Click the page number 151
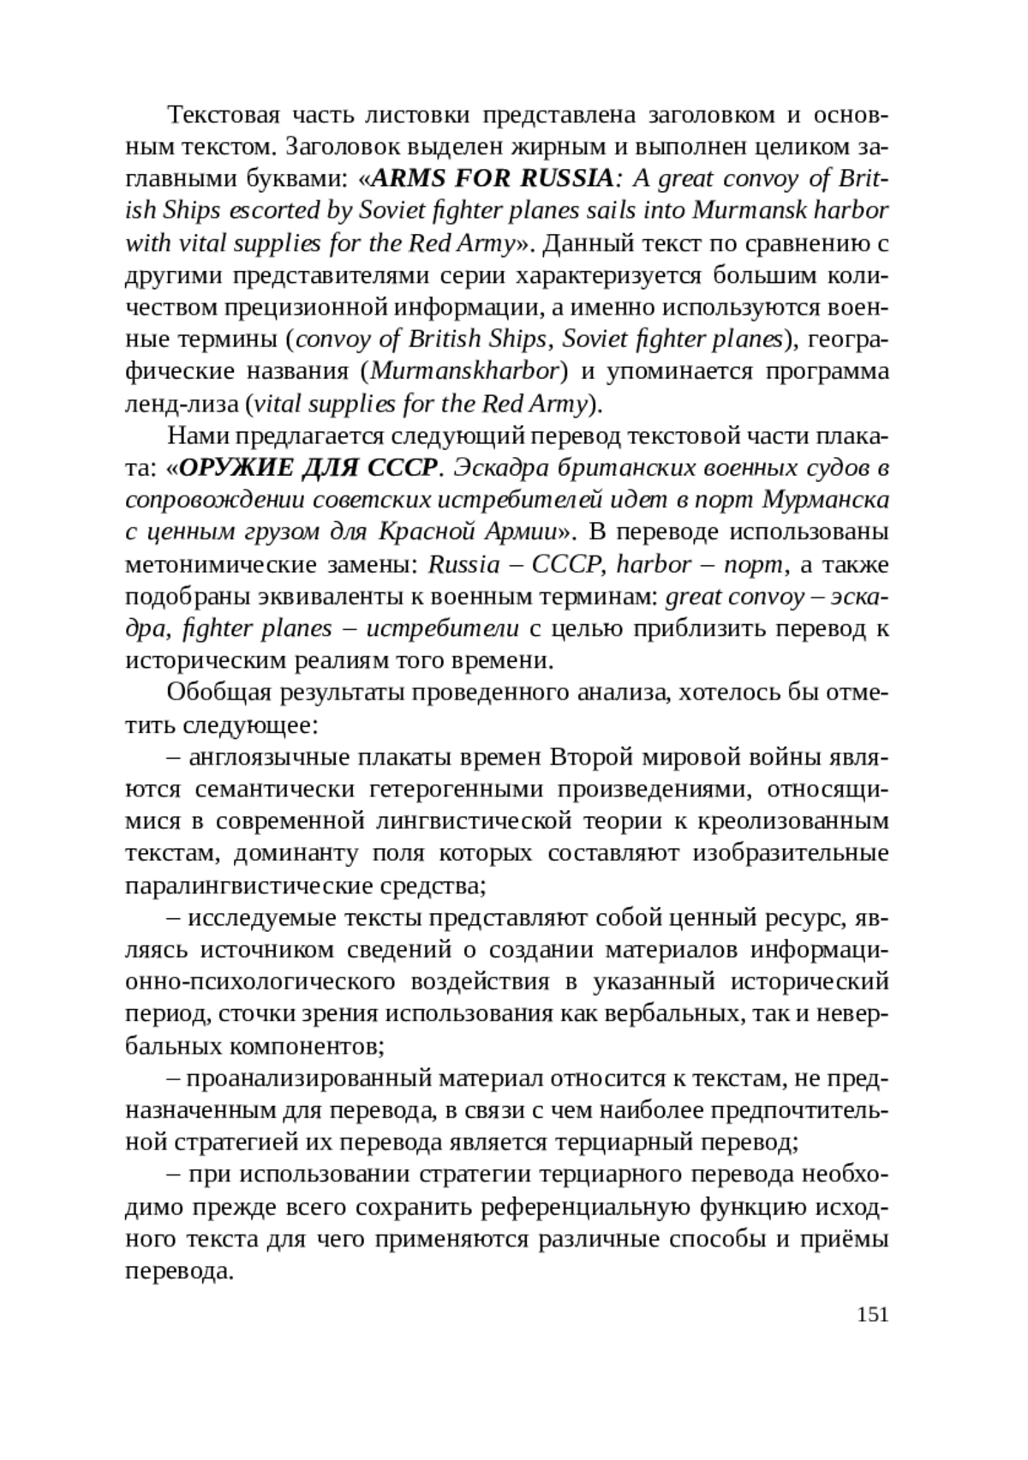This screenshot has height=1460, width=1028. click(872, 1314)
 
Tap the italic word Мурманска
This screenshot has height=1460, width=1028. click(825, 500)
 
